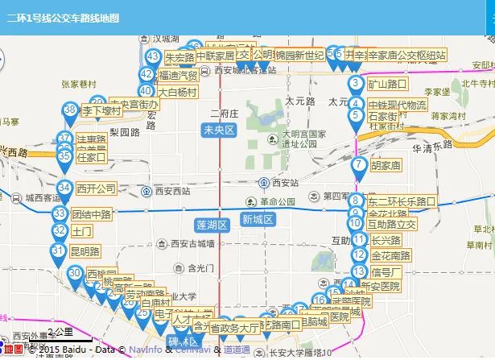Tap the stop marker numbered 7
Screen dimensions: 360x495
point(358,165)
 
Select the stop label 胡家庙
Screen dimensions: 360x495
point(386,166)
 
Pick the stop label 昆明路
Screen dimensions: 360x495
point(85,251)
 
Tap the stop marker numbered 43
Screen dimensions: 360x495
point(154,56)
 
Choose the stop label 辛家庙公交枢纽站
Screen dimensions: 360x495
point(406,56)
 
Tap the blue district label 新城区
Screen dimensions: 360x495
point(258,220)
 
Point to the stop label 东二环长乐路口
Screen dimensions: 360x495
point(402,201)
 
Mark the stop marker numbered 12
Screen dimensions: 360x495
point(358,255)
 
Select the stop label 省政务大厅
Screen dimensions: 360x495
point(234,328)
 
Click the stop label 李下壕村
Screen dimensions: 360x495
point(101,111)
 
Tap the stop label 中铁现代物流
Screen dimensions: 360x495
point(397,105)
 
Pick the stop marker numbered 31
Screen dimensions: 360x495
point(57,250)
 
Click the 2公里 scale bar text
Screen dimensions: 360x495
point(60,332)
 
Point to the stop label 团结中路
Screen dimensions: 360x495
point(91,215)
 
